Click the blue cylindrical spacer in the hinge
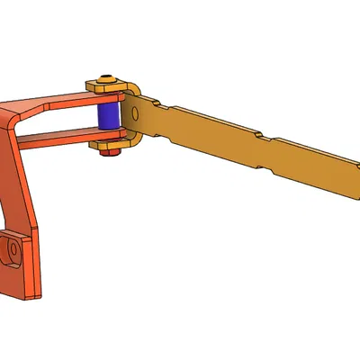[x=108, y=116]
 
